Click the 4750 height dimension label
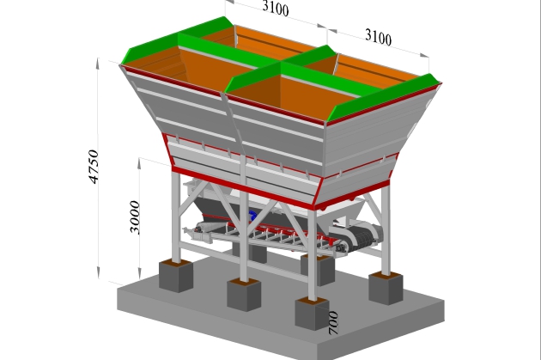(x=94, y=167)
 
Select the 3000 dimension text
(x=135, y=217)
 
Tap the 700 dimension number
(x=333, y=323)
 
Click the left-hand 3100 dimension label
(x=276, y=8)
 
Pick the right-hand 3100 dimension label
(x=379, y=37)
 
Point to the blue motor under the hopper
(x=252, y=216)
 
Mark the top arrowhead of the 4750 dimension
(x=99, y=64)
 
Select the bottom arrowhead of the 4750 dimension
(x=99, y=272)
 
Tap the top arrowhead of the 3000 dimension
(x=139, y=164)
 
